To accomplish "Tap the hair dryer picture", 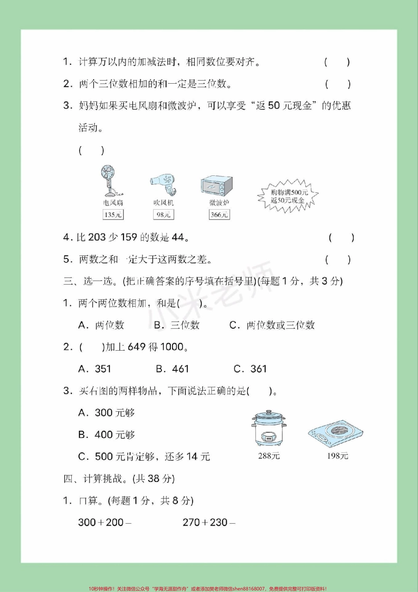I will pyautogui.click(x=164, y=185).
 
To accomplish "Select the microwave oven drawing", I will pyautogui.click(x=216, y=186).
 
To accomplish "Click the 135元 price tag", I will pyautogui.click(x=113, y=215).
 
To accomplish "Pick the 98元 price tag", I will pyautogui.click(x=163, y=215).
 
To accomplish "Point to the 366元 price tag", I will pyautogui.click(x=219, y=215).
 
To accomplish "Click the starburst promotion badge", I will pyautogui.click(x=288, y=196).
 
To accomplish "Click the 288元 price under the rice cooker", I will pyautogui.click(x=269, y=456).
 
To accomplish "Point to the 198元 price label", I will pyautogui.click(x=337, y=456).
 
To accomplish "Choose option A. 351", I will pyautogui.click(x=95, y=369).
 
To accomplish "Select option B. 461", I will pyautogui.click(x=172, y=369).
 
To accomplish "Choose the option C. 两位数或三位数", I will pyautogui.click(x=272, y=325).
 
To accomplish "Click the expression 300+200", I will pyautogui.click(x=105, y=522).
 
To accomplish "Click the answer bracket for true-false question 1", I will pyautogui.click(x=337, y=62).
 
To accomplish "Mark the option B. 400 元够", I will pyautogui.click(x=106, y=435).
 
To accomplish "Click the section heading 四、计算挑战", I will pyautogui.click(x=119, y=478).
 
